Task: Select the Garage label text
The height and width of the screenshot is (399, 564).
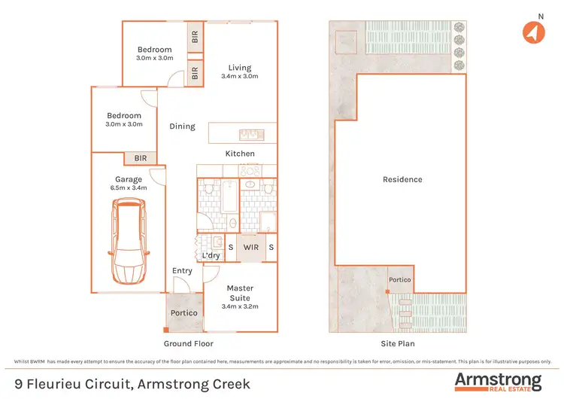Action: (x=128, y=179)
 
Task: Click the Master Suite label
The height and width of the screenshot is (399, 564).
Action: (x=240, y=288)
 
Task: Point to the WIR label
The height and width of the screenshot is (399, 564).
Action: (x=250, y=247)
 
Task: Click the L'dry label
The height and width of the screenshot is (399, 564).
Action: (x=211, y=256)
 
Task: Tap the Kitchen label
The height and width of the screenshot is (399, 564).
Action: (x=240, y=154)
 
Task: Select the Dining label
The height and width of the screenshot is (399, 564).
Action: (x=182, y=126)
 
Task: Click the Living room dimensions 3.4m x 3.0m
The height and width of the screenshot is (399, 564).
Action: (x=240, y=76)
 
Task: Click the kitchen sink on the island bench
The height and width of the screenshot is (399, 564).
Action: (x=249, y=135)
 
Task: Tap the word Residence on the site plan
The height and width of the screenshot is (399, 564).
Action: (x=402, y=179)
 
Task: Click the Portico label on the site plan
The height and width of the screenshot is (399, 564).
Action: (x=399, y=280)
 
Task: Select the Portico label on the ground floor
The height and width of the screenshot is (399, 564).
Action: (x=183, y=312)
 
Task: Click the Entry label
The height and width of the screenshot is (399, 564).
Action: (x=182, y=271)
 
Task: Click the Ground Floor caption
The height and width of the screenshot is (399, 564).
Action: (x=188, y=343)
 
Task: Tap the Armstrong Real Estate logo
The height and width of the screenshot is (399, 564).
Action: (x=498, y=381)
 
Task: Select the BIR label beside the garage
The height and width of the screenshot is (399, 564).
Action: (x=141, y=158)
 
